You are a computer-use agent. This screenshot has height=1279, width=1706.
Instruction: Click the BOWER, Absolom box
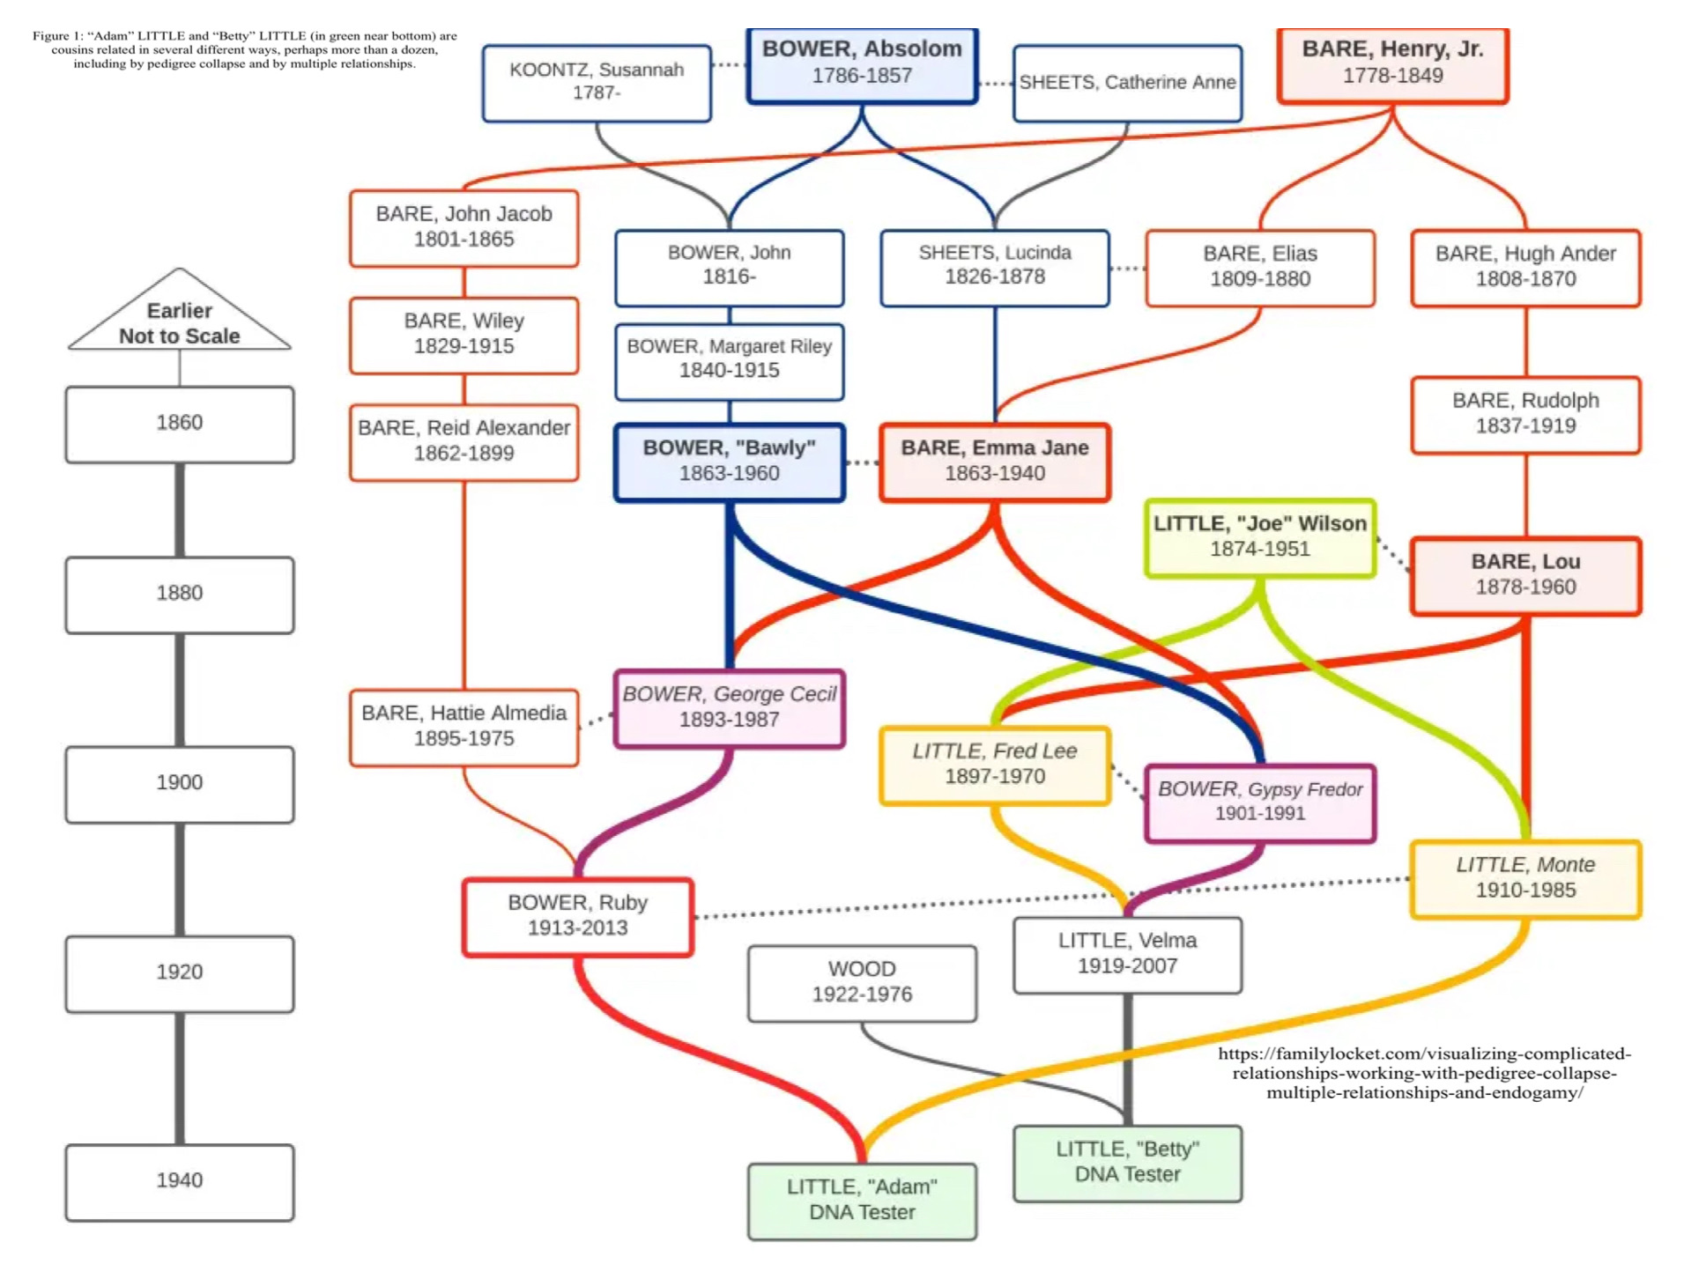[861, 63]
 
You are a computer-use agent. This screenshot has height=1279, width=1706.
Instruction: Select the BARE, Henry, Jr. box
[1392, 63]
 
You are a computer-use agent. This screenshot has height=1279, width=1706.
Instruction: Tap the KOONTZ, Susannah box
[597, 82]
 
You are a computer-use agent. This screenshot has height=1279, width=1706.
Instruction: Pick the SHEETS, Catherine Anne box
[1127, 83]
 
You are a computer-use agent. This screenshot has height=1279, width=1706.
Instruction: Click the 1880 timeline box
[180, 594]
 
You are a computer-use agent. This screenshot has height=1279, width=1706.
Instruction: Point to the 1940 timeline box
[180, 1181]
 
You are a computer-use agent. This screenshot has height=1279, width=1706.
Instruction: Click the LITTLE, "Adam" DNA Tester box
[862, 1200]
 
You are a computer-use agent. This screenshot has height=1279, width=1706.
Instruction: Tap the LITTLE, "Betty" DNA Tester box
[1127, 1162]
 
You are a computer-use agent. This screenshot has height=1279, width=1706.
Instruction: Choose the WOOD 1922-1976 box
[862, 982]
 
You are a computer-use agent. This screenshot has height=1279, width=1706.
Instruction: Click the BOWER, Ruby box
[578, 916]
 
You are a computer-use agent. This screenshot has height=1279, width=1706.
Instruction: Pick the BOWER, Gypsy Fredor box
[1260, 802]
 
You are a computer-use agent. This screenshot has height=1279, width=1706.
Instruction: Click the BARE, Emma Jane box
[995, 462]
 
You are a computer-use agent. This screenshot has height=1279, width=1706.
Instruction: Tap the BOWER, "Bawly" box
[730, 462]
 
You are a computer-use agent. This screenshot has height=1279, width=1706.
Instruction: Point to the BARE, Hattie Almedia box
[464, 727]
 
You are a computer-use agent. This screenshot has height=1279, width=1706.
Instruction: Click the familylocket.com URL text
[1424, 1073]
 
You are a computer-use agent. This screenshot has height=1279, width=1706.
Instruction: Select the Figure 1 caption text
[245, 50]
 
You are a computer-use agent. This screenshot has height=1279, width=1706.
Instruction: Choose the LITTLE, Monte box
[1525, 878]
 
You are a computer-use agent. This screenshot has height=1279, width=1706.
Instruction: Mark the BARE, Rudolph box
[1525, 414]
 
